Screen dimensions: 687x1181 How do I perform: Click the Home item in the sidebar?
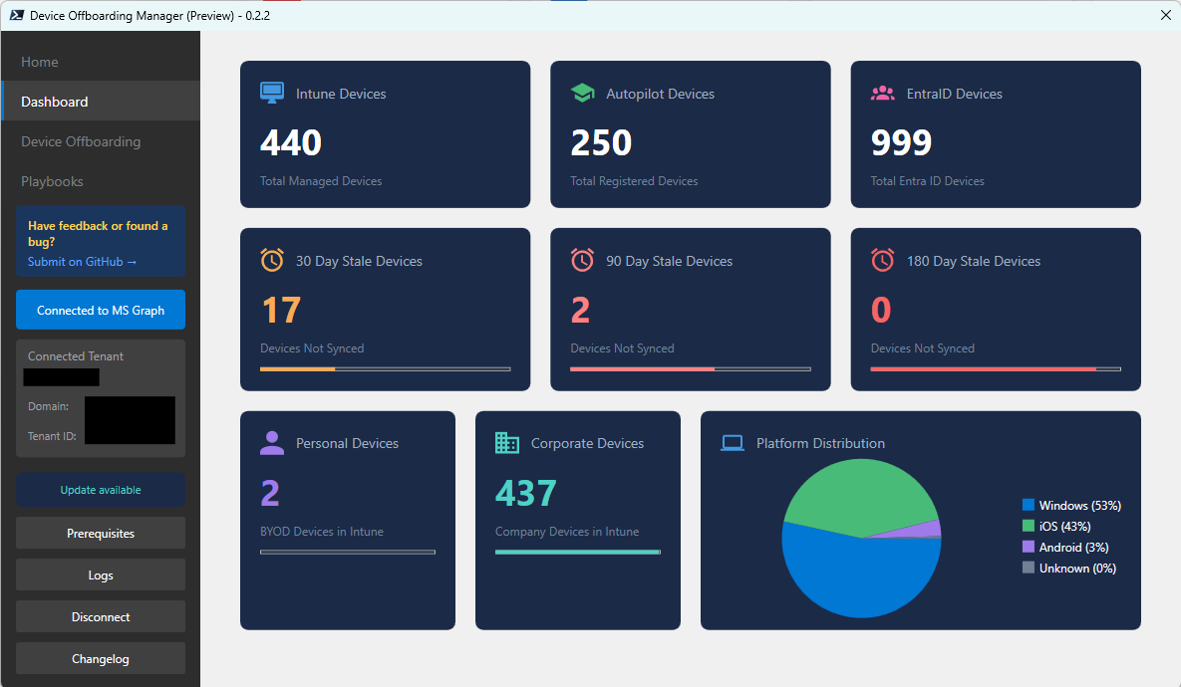[40, 62]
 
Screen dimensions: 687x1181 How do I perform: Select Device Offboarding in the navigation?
[81, 141]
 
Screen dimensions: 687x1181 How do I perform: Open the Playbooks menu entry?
[52, 181]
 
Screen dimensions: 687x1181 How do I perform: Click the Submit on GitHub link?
[82, 262]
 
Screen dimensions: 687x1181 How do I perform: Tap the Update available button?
[101, 490]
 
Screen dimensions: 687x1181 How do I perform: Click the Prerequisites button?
[101, 534]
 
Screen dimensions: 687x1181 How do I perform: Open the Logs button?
[101, 575]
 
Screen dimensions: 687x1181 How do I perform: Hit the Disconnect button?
[101, 617]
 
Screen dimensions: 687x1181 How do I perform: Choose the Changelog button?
[101, 659]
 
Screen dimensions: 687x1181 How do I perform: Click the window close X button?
[1165, 15]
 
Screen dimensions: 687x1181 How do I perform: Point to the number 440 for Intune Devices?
[291, 143]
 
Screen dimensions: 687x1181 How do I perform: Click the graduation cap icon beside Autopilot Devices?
[582, 94]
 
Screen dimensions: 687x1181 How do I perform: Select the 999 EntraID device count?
[901, 143]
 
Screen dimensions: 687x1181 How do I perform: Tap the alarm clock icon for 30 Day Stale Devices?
[272, 261]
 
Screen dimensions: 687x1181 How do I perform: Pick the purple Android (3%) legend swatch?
[1029, 548]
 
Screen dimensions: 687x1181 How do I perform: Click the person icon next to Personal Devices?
[272, 443]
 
